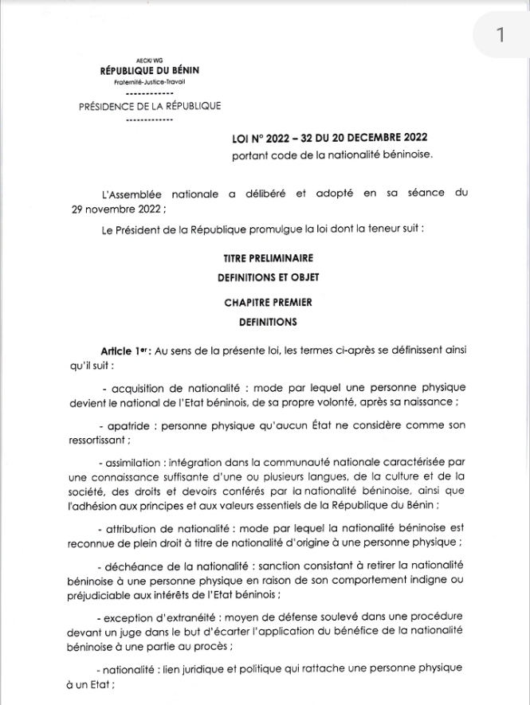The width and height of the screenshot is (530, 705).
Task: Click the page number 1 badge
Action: tap(500, 35)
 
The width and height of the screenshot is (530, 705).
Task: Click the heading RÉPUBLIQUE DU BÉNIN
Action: tap(150, 71)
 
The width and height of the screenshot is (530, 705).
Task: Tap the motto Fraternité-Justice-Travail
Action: tap(150, 82)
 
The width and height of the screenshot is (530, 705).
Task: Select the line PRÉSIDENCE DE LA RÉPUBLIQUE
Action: tap(150, 106)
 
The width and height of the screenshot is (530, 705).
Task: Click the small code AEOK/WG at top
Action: tap(150, 61)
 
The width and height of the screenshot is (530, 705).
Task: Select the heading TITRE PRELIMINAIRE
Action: tap(268, 258)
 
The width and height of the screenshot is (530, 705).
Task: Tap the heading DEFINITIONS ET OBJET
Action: tap(268, 278)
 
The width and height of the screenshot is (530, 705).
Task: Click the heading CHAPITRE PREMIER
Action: tap(268, 303)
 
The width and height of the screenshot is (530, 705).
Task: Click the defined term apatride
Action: tap(131, 425)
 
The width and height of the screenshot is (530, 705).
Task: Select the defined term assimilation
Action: tap(132, 462)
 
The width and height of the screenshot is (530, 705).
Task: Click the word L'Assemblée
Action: tap(132, 193)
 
